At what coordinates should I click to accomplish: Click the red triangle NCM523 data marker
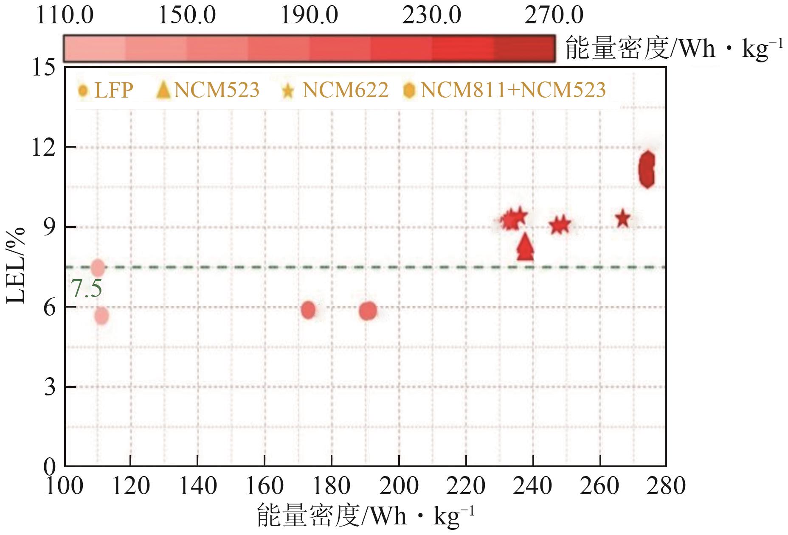coord(526,247)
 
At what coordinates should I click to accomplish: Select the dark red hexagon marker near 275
coord(647,169)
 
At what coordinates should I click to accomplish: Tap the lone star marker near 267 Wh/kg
coord(623,219)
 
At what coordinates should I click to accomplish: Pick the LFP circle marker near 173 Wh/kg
coord(309,310)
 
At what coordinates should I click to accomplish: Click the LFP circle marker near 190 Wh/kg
coord(368,311)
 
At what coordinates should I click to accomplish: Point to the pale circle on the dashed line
coord(98,267)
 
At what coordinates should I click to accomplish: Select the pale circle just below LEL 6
coord(101,316)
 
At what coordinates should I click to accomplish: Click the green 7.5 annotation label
coord(86,289)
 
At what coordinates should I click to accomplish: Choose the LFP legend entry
coord(106,90)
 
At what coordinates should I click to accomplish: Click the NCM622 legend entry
coord(335,90)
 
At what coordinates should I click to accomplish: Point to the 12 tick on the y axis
coord(44,147)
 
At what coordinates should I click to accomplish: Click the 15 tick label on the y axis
coord(44,68)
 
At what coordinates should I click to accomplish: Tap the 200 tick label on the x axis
coord(399,486)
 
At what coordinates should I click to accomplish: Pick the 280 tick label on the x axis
coord(666,486)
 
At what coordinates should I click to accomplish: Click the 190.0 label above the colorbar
coord(309,16)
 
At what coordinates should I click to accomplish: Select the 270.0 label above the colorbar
coord(554,16)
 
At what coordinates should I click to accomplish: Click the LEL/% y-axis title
coord(16,266)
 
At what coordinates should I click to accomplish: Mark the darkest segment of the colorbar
coord(524,49)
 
